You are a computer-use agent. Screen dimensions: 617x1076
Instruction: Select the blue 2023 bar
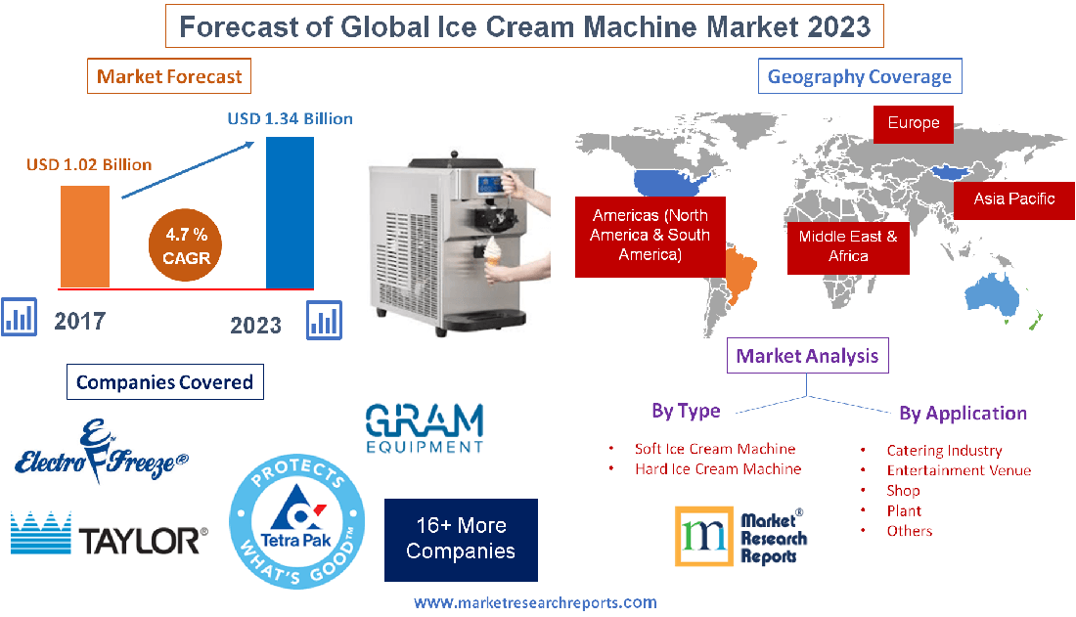click(290, 212)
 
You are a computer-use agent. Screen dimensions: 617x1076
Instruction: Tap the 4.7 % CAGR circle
click(187, 246)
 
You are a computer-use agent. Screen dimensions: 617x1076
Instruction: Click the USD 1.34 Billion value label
click(290, 118)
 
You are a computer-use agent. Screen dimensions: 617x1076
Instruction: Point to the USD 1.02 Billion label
click(88, 164)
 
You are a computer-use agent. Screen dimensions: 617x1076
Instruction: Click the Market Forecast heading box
click(169, 76)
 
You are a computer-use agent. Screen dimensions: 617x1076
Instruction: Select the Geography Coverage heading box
click(859, 76)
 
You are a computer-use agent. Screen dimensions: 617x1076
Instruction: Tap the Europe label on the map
click(913, 123)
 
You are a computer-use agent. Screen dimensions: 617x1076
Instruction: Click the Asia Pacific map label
click(1013, 198)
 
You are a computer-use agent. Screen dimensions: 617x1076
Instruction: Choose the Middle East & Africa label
click(847, 245)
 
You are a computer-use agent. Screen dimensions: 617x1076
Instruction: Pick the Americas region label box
click(650, 235)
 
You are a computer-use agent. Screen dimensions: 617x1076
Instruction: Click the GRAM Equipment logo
click(424, 427)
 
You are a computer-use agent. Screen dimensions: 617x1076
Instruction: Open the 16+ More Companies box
click(461, 538)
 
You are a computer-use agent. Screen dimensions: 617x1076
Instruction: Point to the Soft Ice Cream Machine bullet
click(714, 449)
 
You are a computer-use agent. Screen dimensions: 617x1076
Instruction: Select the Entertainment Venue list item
click(958, 470)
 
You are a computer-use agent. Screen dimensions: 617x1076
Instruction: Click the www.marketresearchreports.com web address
click(535, 602)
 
